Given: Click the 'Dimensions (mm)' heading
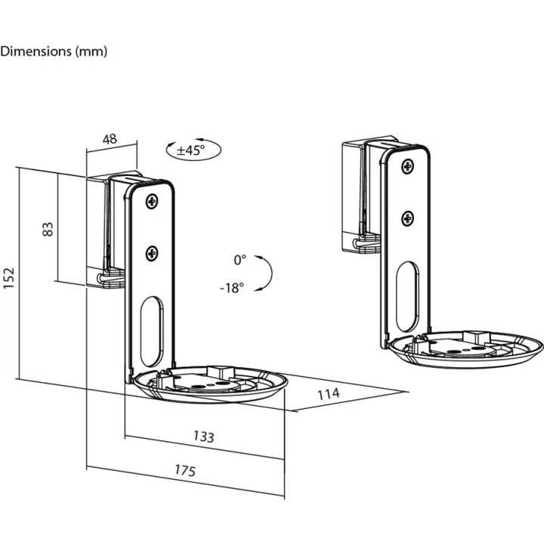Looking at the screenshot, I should click(x=54, y=51).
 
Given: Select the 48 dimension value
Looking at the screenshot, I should click(x=110, y=138).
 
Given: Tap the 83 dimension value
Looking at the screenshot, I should click(x=48, y=229).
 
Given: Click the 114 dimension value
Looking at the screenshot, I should click(x=328, y=394).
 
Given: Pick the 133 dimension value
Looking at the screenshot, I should click(x=203, y=437).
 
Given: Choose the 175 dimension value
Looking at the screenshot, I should click(x=184, y=470).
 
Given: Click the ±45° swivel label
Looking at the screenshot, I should click(x=191, y=150).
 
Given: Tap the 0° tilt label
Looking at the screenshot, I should click(x=240, y=260).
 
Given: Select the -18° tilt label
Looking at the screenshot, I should click(x=232, y=288).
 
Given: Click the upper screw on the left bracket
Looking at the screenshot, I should click(x=153, y=202).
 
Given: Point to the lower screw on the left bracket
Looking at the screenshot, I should click(x=152, y=254).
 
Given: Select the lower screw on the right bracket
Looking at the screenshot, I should click(x=407, y=218).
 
